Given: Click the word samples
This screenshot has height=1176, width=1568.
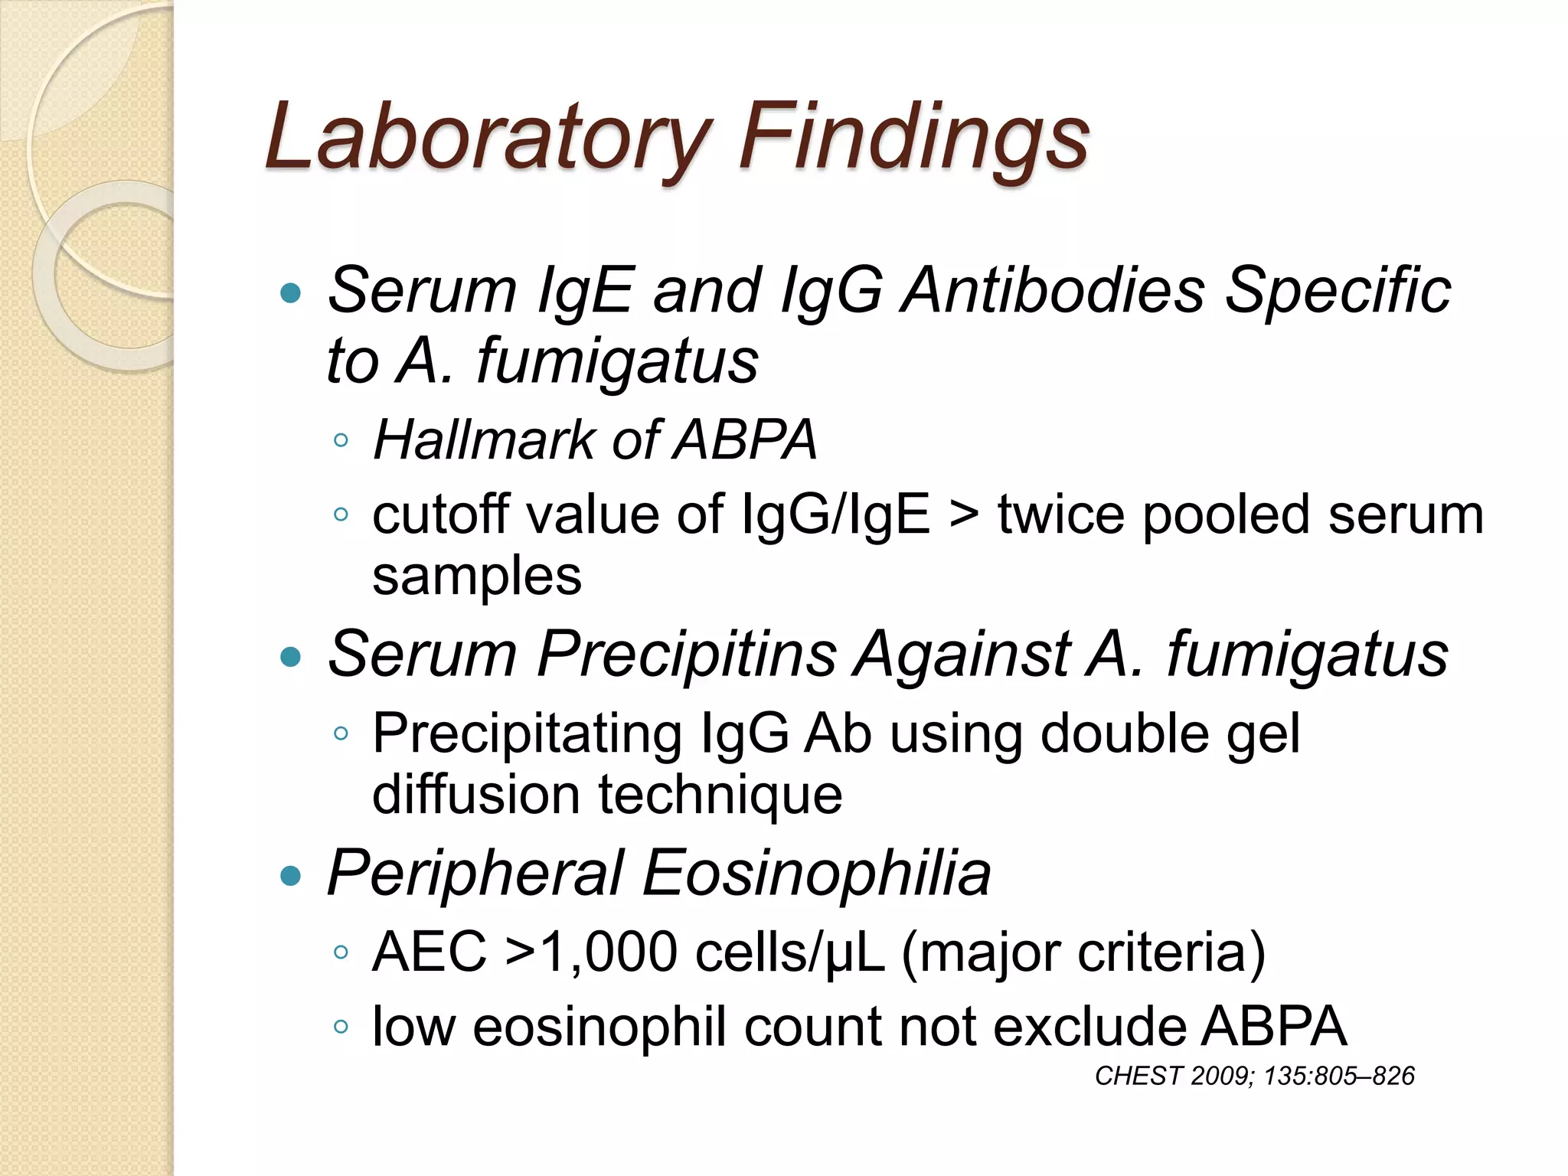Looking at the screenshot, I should pyautogui.click(x=476, y=576).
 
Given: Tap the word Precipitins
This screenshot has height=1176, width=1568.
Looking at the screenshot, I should pyautogui.click(x=686, y=655).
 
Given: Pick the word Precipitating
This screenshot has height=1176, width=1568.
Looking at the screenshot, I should pyautogui.click(x=527, y=733).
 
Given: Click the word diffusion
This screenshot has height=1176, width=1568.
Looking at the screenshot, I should pyautogui.click(x=475, y=794).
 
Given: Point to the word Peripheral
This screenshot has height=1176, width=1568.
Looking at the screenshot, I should pyautogui.click(x=475, y=874).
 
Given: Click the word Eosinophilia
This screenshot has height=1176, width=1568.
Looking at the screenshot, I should pyautogui.click(x=816, y=874).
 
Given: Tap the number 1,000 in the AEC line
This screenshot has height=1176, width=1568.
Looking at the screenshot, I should pyautogui.click(x=609, y=952).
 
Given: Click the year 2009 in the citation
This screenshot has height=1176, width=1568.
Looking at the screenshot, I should pyautogui.click(x=1221, y=1076).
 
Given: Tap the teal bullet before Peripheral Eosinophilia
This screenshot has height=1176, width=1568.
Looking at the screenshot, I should pyautogui.click(x=291, y=875).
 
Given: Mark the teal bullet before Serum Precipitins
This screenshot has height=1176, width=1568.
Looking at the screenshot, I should pyautogui.click(x=291, y=656).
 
